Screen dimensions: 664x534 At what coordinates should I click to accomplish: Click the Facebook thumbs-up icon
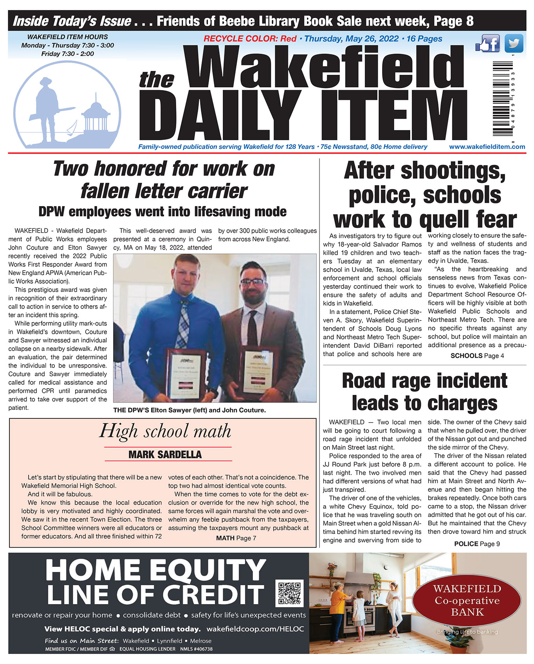pyautogui.click(x=487, y=43)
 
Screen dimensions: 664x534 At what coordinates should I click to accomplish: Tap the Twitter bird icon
pyautogui.click(x=514, y=43)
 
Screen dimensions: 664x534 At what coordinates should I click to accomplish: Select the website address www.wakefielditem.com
pyautogui.click(x=487, y=147)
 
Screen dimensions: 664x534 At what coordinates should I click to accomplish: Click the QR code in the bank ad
pyautogui.click(x=290, y=593)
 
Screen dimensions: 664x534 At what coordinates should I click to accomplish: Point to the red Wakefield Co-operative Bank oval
pyautogui.click(x=467, y=601)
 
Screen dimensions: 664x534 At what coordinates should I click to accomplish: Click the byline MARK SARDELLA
pyautogui.click(x=165, y=454)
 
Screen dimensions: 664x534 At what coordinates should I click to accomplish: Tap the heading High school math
pyautogui.click(x=165, y=431)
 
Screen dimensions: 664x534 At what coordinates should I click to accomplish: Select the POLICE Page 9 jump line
pyautogui.click(x=477, y=544)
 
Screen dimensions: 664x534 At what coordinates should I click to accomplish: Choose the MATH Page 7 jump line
pyautogui.click(x=236, y=538)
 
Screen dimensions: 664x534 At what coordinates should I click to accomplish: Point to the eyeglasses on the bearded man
pyautogui.click(x=253, y=282)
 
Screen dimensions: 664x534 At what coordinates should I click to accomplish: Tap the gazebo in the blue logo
pyautogui.click(x=95, y=114)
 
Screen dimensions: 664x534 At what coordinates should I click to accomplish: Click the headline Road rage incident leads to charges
pyautogui.click(x=424, y=392)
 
